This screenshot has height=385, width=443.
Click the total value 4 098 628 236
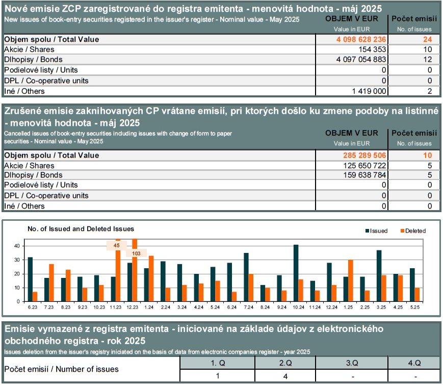[361, 39]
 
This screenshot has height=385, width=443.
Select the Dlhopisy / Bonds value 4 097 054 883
[361, 59]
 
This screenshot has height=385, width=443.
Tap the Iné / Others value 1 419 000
[369, 91]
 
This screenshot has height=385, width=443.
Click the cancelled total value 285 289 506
[364, 155]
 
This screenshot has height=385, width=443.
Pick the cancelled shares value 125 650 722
[364, 165]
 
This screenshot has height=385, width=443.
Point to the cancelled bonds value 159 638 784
[364, 175]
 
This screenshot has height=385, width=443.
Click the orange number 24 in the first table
[428, 39]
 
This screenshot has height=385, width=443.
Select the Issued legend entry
[376, 230]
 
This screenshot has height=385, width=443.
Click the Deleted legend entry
[413, 230]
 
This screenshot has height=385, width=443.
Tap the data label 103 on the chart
[136, 253]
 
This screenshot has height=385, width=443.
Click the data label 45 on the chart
[116, 245]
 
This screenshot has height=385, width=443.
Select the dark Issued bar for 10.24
[296, 273]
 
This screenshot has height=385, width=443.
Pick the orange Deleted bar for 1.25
[351, 280]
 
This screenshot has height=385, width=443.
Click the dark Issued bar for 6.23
[30, 279]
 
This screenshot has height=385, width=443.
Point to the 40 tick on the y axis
[17, 246]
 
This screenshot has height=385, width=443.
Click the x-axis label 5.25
[415, 307]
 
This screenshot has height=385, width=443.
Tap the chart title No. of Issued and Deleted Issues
[81, 228]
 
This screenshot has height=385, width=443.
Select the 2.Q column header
[285, 363]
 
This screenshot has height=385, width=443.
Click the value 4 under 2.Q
[285, 376]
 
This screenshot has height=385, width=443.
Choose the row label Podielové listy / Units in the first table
[41, 70]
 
